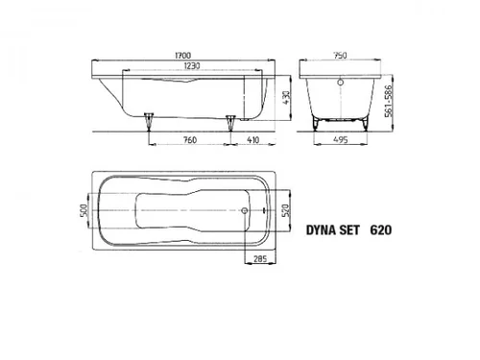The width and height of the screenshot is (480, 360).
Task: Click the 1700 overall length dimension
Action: (183, 56)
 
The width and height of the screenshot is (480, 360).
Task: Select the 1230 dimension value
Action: (192, 66)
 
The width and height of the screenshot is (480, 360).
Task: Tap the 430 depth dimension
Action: (286, 98)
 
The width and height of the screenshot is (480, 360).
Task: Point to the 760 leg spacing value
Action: (190, 140)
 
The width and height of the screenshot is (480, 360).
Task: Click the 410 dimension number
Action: (253, 140)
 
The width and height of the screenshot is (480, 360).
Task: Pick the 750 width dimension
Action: (340, 56)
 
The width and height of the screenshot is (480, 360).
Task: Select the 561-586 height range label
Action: (389, 101)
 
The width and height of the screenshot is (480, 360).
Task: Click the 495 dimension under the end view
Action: (340, 140)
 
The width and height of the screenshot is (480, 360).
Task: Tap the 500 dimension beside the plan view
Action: (84, 210)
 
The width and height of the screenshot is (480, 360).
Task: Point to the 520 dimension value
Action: (286, 210)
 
